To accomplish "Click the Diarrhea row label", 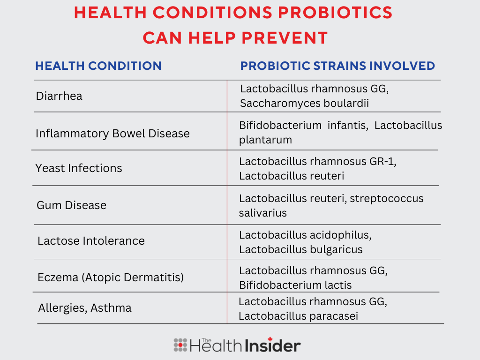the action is click(59, 96).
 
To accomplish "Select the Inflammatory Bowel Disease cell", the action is click(112, 134).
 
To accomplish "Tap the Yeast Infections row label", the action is click(79, 168).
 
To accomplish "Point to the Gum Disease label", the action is click(71, 205).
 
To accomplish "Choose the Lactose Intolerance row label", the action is click(91, 241).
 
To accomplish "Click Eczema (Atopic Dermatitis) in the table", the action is click(111, 277).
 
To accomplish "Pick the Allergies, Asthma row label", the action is click(85, 308).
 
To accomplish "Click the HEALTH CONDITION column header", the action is click(98, 66).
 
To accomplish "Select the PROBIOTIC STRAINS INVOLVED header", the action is click(337, 66).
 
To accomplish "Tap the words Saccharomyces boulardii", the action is click(304, 104).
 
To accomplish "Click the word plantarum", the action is click(265, 140).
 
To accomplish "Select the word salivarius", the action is click(262, 213).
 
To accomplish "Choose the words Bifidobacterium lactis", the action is click(295, 285).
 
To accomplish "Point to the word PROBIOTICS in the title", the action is click(335, 13).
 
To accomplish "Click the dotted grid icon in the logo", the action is click(180, 345).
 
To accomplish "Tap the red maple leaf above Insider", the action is click(270, 339).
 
